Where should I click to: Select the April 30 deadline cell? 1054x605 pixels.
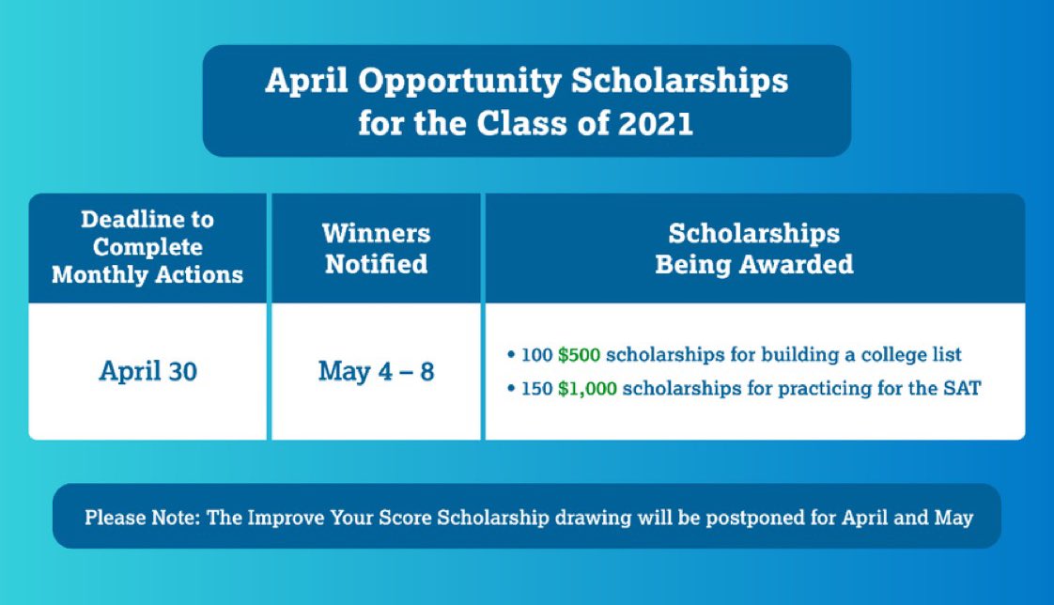(147, 371)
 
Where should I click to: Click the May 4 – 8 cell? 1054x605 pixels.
(376, 371)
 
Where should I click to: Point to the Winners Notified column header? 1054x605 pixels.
(376, 248)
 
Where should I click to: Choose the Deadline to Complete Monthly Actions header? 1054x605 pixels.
(147, 247)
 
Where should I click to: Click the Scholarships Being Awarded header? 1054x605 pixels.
(754, 248)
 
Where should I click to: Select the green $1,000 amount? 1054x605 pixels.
(587, 388)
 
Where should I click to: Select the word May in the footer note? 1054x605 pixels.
(952, 518)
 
